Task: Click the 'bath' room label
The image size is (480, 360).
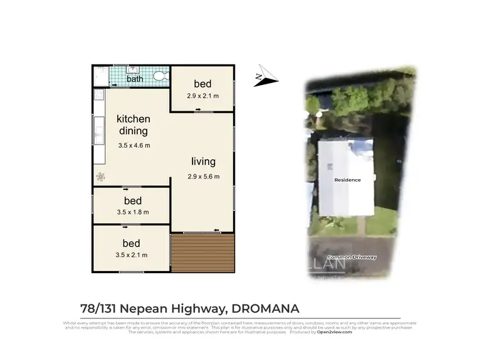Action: pyautogui.click(x=134, y=79)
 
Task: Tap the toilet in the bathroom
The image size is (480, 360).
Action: pyautogui.click(x=159, y=76)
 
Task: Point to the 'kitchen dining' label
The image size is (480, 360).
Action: pyautogui.click(x=133, y=125)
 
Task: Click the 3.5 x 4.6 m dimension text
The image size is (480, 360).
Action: pyautogui.click(x=134, y=146)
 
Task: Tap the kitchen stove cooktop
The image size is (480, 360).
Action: pyautogui.click(x=99, y=96)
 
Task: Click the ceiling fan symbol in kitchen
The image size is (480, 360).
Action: pyautogui.click(x=99, y=176)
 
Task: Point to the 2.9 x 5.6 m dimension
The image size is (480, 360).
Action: pyautogui.click(x=203, y=177)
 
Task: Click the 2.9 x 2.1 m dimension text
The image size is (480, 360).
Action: pyautogui.click(x=203, y=97)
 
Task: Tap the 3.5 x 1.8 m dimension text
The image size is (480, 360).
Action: pyautogui.click(x=132, y=213)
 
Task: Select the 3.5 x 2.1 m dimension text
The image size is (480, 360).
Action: pyautogui.click(x=131, y=255)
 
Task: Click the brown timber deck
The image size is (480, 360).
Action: pyautogui.click(x=203, y=253)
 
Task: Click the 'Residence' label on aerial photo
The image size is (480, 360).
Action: pyautogui.click(x=348, y=180)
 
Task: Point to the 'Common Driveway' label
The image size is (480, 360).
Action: pyautogui.click(x=351, y=257)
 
